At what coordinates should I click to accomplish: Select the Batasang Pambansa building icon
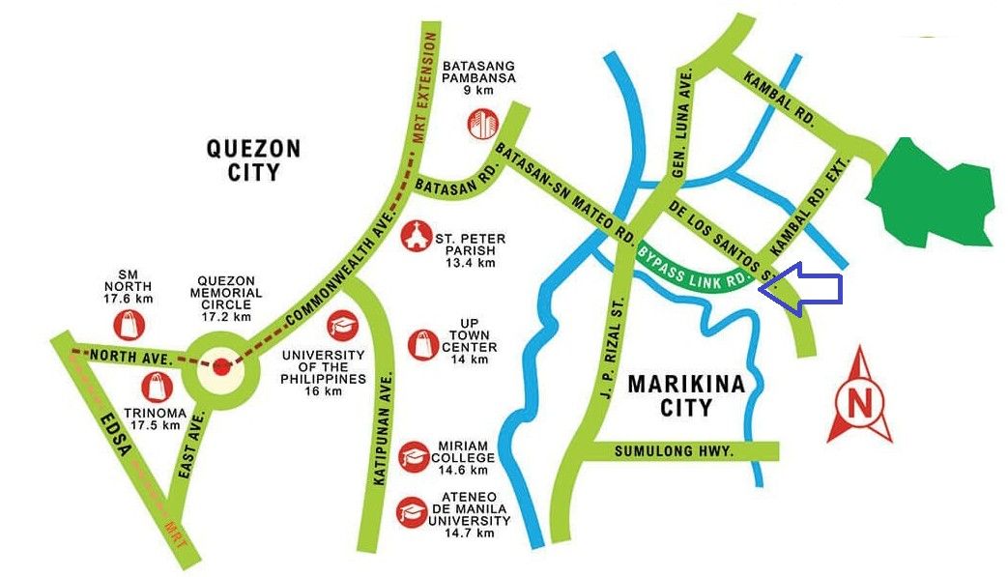coord(481,124)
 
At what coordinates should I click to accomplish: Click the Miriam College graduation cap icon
coord(415,453)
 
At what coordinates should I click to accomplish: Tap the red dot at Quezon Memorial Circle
coord(222,366)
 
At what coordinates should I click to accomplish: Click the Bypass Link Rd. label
coord(694,265)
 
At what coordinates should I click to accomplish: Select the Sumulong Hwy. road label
coord(675,451)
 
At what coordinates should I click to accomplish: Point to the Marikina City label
coord(686,394)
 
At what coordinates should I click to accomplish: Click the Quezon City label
coord(254,160)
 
